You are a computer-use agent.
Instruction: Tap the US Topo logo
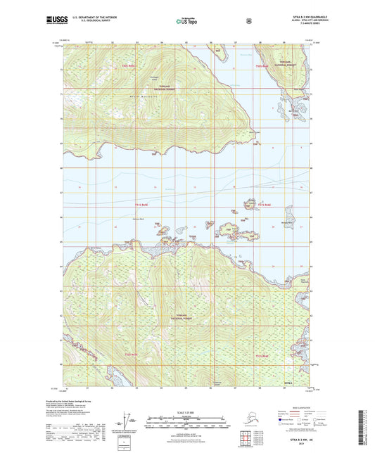(x=187, y=20)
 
